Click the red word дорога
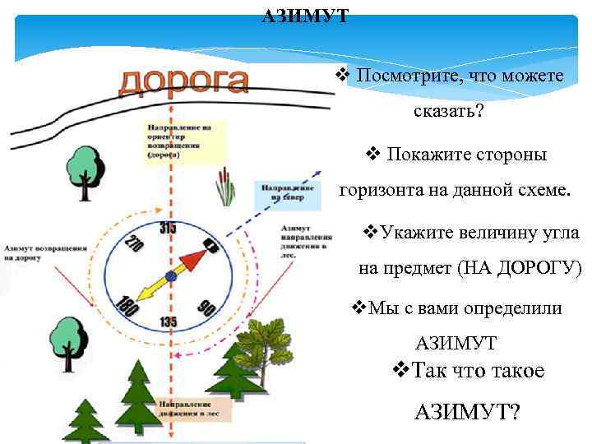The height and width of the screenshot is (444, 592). pos(183,81)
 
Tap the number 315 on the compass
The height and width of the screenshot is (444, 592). pos(168,228)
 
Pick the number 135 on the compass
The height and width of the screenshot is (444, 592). pos(169,321)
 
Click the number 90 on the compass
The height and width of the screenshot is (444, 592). pos(205,307)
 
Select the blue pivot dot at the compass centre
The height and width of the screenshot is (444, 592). pos(169,275)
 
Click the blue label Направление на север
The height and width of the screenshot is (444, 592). pos(282,192)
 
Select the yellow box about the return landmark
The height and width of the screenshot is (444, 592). pos(184,139)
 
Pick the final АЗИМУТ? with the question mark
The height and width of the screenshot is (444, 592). pos(468,410)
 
